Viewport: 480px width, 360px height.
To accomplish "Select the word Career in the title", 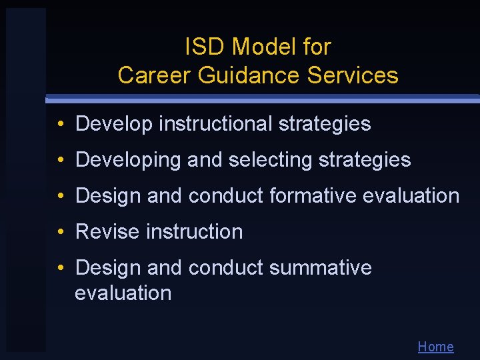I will (155, 75).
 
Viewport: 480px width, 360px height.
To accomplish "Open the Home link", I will (435, 347).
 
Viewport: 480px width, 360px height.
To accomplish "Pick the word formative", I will (313, 196).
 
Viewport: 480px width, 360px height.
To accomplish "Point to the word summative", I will (321, 268).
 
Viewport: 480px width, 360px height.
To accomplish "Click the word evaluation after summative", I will (123, 293).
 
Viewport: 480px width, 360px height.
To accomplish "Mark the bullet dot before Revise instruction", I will (60, 232).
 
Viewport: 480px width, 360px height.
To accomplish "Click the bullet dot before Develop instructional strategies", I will (60, 124).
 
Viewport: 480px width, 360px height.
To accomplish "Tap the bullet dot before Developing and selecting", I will (60, 160).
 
